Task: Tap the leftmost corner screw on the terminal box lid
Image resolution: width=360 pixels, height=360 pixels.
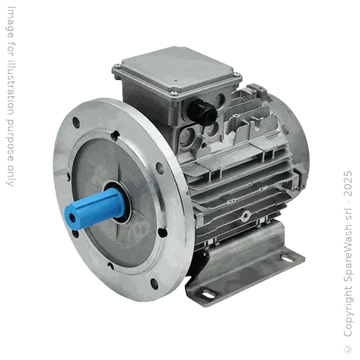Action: (116, 68)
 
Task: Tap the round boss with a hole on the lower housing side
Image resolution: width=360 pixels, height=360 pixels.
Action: (246, 214)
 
